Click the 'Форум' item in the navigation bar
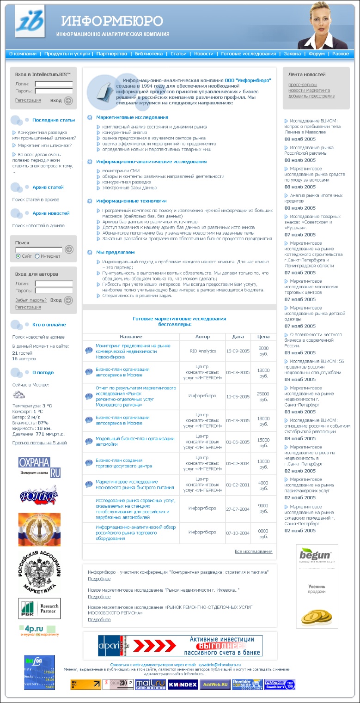pyautogui.click(x=317, y=54)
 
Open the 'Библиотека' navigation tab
pyautogui.click(x=149, y=54)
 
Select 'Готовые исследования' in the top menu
pyautogui.click(x=248, y=54)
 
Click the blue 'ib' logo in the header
pyautogui.click(x=30, y=21)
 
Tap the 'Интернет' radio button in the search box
pyautogui.click(x=37, y=256)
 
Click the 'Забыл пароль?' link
pyautogui.click(x=31, y=300)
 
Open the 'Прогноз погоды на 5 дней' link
pyautogui.click(x=39, y=442)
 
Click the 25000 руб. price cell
pyautogui.click(x=263, y=396)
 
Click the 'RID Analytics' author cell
pyautogui.click(x=202, y=351)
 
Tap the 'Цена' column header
pyautogui.click(x=263, y=337)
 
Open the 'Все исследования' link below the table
pyautogui.click(x=253, y=551)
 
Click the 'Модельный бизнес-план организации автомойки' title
pyautogui.click(x=135, y=441)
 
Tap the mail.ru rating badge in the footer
pyautogui.click(x=150, y=685)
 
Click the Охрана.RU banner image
pyautogui.click(x=39, y=467)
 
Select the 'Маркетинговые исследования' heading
pyautogui.click(x=132, y=117)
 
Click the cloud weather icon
pyautogui.click(x=19, y=394)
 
